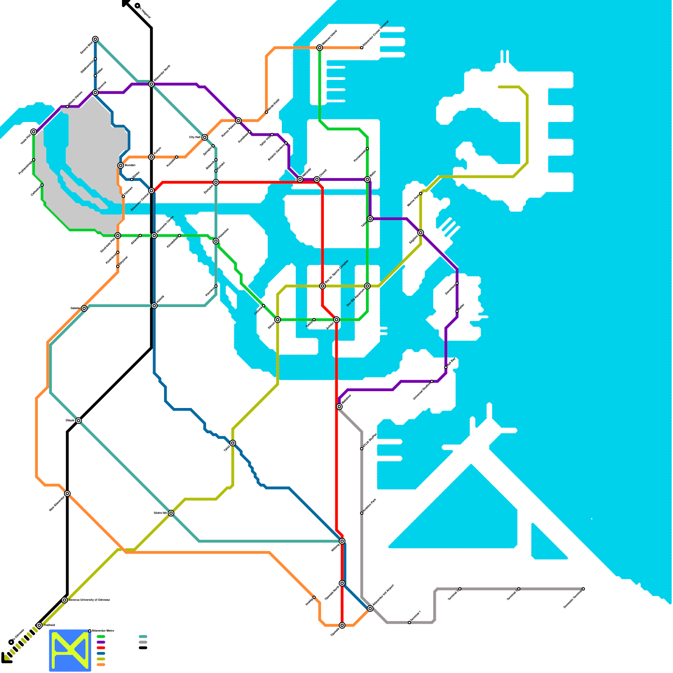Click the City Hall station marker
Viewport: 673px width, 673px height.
[204, 138]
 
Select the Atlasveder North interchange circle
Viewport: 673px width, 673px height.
[151, 84]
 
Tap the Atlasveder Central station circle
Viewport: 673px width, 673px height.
[151, 191]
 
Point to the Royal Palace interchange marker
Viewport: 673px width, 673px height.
[238, 121]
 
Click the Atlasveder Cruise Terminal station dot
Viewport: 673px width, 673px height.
[362, 48]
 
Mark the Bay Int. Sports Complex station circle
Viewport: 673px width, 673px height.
[323, 286]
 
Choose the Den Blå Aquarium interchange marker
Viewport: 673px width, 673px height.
[367, 286]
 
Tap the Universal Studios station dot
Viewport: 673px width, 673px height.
[432, 382]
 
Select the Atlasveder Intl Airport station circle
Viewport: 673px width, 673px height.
[370, 609]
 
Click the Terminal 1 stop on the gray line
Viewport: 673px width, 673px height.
[409, 623]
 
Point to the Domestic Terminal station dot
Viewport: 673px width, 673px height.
[583, 589]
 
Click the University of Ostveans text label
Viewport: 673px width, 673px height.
[89, 600]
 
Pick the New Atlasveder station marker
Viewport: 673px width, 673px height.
[67, 493]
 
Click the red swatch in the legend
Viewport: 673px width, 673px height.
[101, 648]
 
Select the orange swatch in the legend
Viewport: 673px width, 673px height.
[101, 665]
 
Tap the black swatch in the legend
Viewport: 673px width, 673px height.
[143, 648]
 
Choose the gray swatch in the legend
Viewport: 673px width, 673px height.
[143, 642]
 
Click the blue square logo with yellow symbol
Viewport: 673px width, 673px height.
[70, 650]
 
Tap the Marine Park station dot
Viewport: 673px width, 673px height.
[421, 193]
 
